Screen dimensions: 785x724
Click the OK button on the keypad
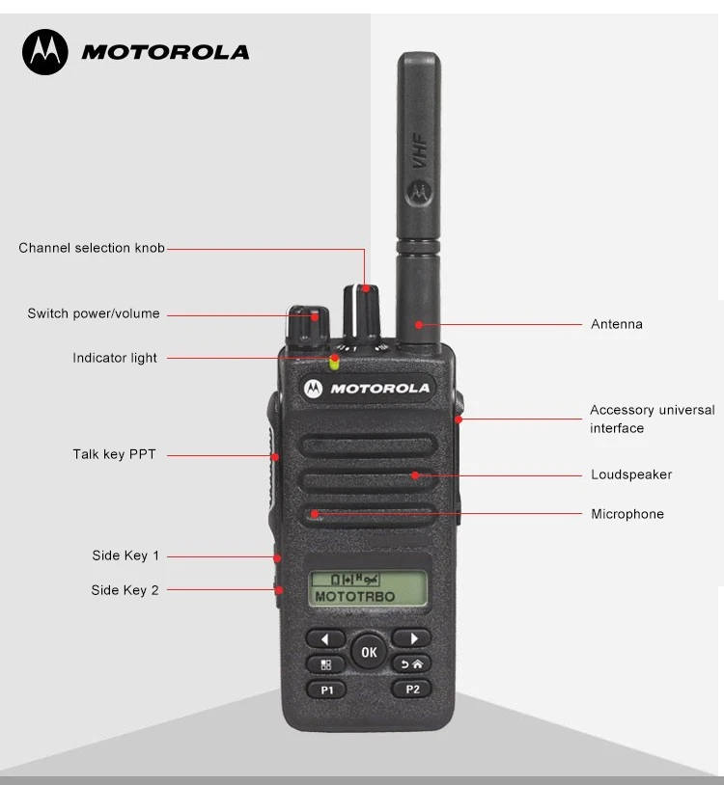368,652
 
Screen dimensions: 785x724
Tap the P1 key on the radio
326,690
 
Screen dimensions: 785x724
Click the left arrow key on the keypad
326,638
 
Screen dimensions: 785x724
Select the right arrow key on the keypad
412,638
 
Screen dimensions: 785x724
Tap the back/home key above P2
412,664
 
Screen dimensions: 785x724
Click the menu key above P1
326,664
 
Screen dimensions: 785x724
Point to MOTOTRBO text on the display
355,597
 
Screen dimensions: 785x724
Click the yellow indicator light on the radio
334,363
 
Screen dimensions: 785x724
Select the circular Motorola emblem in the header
45,52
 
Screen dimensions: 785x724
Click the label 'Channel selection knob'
92,248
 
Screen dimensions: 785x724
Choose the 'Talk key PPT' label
114,454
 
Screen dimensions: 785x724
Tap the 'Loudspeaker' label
631,474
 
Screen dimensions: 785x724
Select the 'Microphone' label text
627,514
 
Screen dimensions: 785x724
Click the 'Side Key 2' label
125,590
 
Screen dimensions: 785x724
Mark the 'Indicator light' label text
115,358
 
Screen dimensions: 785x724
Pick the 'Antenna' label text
617,324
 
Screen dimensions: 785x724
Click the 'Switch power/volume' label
94,313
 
